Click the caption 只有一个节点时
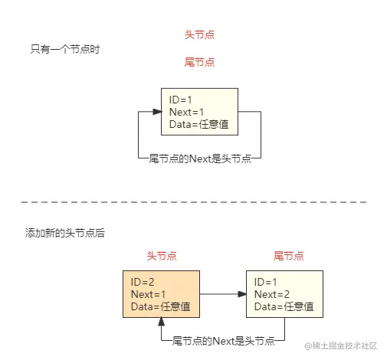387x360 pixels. (65, 48)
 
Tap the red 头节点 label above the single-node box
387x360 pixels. (199, 35)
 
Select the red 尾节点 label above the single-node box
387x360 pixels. (199, 61)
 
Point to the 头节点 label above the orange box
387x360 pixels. (161, 255)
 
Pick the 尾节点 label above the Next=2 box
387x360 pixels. (288, 255)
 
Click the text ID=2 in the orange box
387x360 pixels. (143, 282)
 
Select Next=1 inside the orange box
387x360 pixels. (149, 294)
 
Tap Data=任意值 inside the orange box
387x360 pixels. (159, 306)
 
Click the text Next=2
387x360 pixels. (271, 294)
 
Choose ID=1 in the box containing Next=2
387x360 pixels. (265, 282)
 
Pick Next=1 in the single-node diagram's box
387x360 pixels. (186, 112)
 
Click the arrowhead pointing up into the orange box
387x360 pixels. (161, 322)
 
